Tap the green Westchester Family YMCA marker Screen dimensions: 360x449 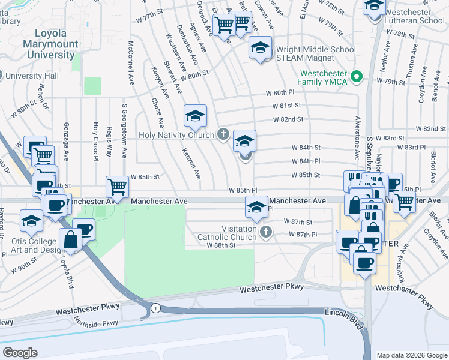pos(356,76)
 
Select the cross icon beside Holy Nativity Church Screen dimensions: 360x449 pos(223,134)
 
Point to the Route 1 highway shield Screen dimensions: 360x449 pos(155,308)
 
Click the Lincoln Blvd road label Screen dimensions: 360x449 pos(345,319)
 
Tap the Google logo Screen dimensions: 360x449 pos(20,352)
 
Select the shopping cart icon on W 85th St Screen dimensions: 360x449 pos(118,187)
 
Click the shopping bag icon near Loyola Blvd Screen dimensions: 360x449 pos(70,239)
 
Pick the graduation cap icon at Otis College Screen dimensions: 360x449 pos(31,221)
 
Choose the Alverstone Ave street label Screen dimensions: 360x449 pos(358,137)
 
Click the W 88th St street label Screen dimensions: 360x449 pos(220,245)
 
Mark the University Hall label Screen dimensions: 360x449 pos(32,76)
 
